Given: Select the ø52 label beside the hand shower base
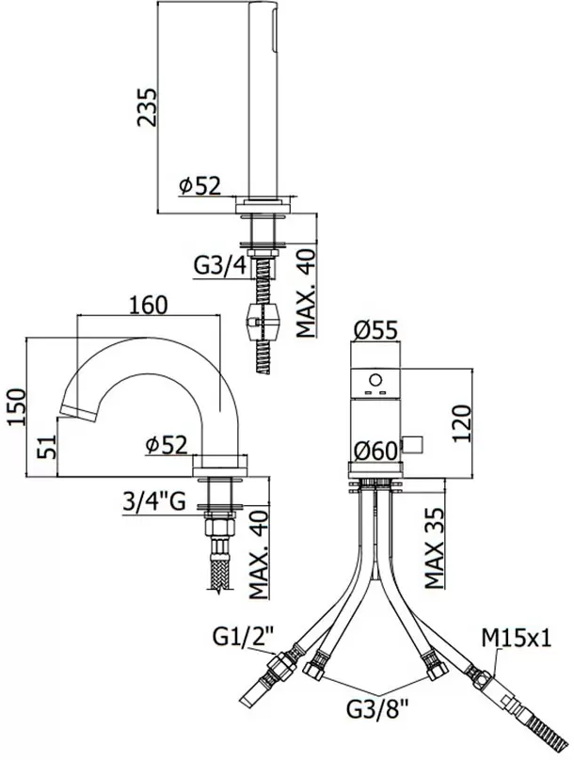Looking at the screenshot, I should (199, 185).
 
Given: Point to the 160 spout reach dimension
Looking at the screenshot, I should (148, 304).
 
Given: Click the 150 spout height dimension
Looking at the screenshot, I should (15, 407).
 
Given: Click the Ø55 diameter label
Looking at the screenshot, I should (373, 329).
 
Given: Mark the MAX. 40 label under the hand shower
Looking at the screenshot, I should (305, 293).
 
